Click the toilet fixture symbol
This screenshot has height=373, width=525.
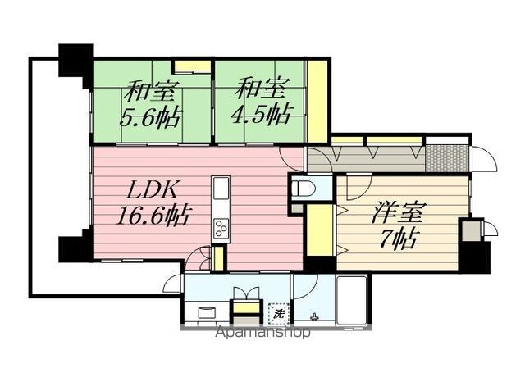(304, 188)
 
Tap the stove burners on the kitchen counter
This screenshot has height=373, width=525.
(221, 228)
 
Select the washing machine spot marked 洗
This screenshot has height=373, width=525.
(278, 314)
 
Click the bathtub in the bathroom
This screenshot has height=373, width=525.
(351, 300)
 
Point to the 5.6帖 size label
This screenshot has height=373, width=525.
(150, 117)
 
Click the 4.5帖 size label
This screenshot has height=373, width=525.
(262, 115)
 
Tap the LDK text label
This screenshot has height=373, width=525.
(152, 191)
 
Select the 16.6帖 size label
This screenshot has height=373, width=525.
(153, 215)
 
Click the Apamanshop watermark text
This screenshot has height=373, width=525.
(262, 332)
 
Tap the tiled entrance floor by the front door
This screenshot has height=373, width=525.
(447, 158)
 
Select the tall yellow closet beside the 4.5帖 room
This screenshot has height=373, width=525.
(317, 102)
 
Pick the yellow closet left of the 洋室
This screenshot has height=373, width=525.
(320, 230)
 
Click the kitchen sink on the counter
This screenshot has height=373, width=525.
(221, 188)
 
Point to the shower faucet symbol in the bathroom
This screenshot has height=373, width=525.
(314, 316)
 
